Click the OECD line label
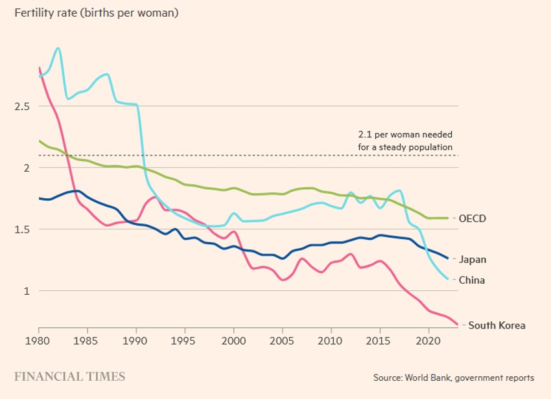[473, 219]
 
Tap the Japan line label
[473, 260]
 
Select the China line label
[472, 280]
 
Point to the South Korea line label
[497, 326]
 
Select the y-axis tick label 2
[26, 168]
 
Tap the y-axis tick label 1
[27, 291]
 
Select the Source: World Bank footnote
[454, 378]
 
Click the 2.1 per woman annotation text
[405, 141]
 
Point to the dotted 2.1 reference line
[259, 155]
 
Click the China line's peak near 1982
[58, 48]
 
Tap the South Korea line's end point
[457, 324]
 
